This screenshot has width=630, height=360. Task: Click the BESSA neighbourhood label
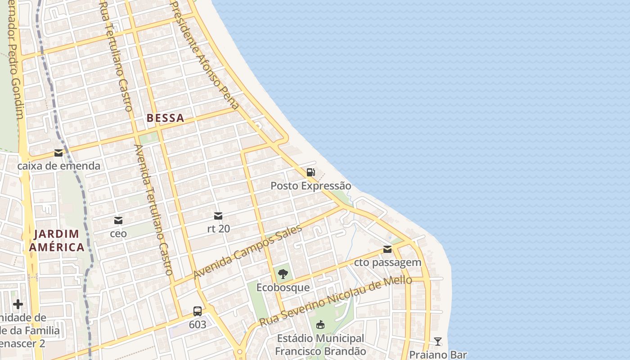point(165,118)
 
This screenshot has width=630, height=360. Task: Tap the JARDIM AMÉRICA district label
point(57,241)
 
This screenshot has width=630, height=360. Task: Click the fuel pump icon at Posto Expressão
point(310,172)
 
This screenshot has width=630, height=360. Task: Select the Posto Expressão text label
point(310,186)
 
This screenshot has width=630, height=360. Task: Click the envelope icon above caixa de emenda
point(58,153)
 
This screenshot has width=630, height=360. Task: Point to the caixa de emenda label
point(58,166)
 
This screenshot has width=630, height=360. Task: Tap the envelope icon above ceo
point(118,220)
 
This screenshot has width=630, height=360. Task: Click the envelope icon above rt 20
point(218,216)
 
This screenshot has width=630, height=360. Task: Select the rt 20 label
point(218,229)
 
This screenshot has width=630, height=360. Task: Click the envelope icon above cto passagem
point(387,249)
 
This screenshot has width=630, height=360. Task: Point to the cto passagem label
point(387,262)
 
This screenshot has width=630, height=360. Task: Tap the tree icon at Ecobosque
point(283,274)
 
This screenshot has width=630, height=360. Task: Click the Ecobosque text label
point(283,287)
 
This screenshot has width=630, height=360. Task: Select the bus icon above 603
point(198,311)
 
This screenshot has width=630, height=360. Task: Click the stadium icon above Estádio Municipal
point(320,324)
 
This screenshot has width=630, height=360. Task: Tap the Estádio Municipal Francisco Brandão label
point(320,345)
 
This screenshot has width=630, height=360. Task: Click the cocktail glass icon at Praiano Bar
point(438,342)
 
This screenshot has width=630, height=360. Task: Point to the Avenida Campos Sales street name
point(247,252)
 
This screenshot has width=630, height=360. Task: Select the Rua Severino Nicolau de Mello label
point(336,301)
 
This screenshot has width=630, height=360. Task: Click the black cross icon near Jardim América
point(18,304)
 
